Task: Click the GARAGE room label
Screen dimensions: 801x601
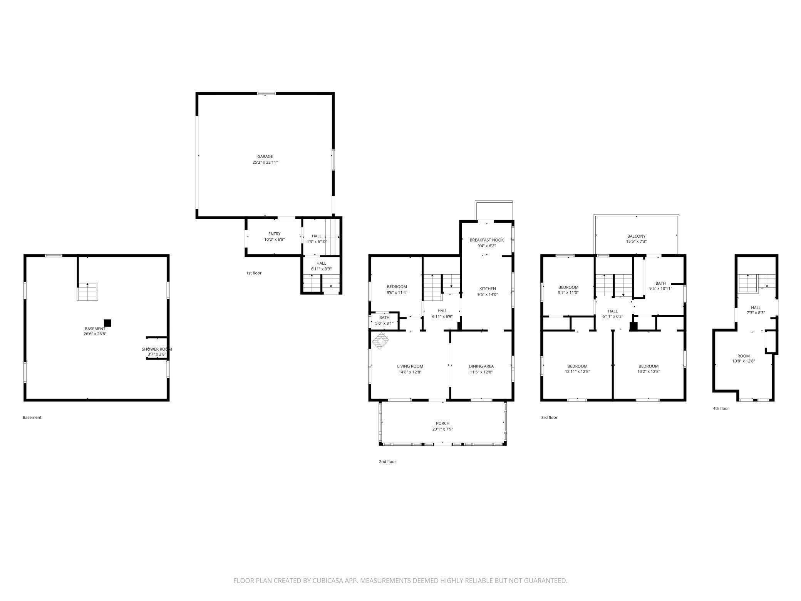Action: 265,156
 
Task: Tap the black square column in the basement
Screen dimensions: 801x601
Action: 108,323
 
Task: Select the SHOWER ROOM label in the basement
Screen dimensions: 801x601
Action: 157,349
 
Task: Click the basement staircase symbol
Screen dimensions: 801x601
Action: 88,292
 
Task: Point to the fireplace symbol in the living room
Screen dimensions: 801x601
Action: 380,341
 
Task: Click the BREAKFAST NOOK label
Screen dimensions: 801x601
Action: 486,240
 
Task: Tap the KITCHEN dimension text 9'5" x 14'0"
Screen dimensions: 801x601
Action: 488,294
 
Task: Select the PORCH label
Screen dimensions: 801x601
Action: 443,423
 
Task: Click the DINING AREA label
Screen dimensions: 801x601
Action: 481,366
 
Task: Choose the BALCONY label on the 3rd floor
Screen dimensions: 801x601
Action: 636,236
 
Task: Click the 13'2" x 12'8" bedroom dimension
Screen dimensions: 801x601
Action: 649,371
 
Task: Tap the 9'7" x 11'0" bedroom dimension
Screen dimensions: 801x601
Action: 568,292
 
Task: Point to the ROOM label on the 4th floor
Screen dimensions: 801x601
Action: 743,356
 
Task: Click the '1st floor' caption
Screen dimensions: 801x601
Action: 254,273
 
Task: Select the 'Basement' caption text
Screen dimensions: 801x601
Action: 32,417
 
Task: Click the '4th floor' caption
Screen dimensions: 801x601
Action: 721,408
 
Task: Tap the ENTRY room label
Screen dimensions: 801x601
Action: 274,234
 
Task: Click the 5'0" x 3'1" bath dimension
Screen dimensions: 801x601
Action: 384,323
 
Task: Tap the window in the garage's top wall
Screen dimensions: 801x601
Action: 266,93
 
